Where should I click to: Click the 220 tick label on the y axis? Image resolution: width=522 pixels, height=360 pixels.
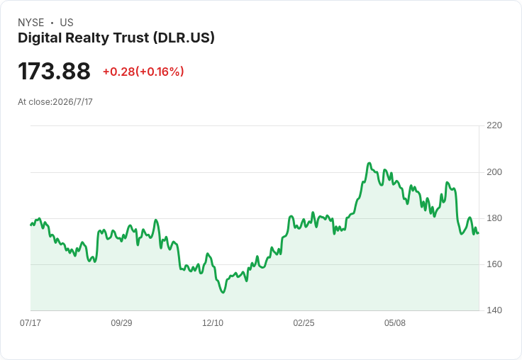pyautogui.click(x=494, y=125)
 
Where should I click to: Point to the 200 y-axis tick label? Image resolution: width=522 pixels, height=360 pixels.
pyautogui.click(x=494, y=172)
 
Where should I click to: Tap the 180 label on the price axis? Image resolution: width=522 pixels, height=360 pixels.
pyautogui.click(x=494, y=218)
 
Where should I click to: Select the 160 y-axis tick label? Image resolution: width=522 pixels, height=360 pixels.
pyautogui.click(x=494, y=264)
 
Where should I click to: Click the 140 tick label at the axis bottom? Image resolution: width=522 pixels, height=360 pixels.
pyautogui.click(x=494, y=310)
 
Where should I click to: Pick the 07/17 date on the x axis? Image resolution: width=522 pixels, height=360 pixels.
pyautogui.click(x=30, y=322)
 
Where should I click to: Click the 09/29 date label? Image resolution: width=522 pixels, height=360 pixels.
pyautogui.click(x=121, y=322)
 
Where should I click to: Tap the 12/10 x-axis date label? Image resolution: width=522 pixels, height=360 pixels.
pyautogui.click(x=213, y=322)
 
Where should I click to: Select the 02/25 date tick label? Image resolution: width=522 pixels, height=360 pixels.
pyautogui.click(x=304, y=322)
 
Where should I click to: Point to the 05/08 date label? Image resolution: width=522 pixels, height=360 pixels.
pyautogui.click(x=395, y=322)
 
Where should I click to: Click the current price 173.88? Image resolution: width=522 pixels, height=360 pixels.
pyautogui.click(x=54, y=71)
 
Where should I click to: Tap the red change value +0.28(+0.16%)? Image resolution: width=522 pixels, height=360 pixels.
pyautogui.click(x=143, y=72)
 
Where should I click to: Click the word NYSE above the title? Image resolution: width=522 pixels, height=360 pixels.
pyautogui.click(x=31, y=23)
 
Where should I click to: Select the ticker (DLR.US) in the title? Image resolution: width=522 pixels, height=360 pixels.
pyautogui.click(x=184, y=38)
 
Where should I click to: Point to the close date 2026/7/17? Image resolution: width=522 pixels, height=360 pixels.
pyautogui.click(x=72, y=102)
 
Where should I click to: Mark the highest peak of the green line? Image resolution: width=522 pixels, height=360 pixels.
pyautogui.click(x=369, y=163)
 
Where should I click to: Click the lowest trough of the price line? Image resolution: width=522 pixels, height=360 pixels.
pyautogui.click(x=223, y=293)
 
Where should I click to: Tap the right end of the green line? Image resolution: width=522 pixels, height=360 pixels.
pyautogui.click(x=479, y=233)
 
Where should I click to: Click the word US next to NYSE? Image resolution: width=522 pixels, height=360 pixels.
pyautogui.click(x=67, y=23)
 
